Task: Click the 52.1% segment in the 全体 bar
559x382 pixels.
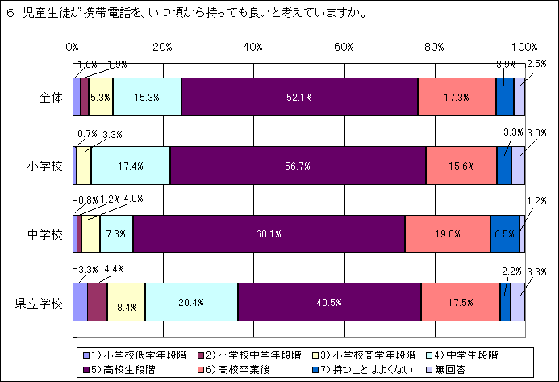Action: tap(299, 98)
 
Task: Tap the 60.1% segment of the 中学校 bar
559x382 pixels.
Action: tap(269, 234)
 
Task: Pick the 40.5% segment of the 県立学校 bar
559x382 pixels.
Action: tap(330, 303)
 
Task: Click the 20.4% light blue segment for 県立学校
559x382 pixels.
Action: tap(191, 303)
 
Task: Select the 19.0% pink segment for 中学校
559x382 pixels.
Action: tap(447, 234)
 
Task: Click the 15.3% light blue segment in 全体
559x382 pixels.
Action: tap(147, 98)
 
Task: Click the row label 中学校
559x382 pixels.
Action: tap(44, 235)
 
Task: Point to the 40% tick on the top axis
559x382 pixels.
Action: tap(253, 47)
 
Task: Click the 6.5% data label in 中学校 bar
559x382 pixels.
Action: tap(504, 234)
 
